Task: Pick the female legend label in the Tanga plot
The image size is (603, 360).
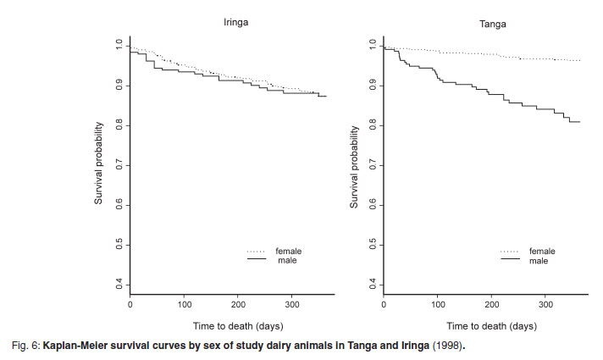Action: click(x=542, y=252)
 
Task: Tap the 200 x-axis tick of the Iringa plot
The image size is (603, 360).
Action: click(x=238, y=302)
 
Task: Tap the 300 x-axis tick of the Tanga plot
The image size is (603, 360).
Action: click(x=546, y=302)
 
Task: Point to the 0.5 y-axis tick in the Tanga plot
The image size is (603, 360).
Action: click(x=373, y=245)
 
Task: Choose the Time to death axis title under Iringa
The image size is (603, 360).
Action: click(x=225, y=326)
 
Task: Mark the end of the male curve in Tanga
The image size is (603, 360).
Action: click(x=578, y=122)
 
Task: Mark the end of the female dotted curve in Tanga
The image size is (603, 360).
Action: click(x=578, y=61)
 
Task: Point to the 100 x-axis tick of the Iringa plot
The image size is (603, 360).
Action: click(x=184, y=302)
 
